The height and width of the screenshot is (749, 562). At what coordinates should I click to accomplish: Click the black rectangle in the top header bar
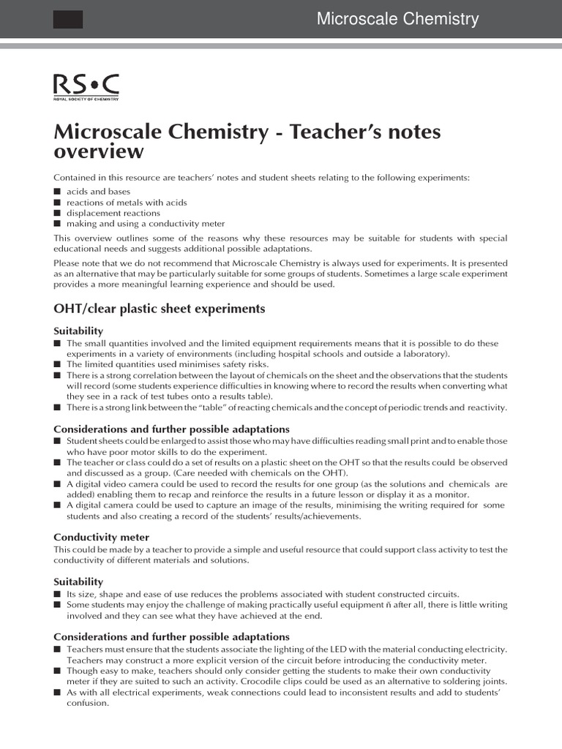(68, 20)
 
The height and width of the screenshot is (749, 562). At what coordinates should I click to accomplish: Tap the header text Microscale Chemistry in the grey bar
(397, 19)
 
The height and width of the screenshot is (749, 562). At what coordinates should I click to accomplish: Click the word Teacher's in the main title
(337, 132)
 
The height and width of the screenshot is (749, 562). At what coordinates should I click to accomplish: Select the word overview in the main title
(99, 151)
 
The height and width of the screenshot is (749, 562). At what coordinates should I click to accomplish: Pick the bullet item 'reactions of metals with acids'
(126, 202)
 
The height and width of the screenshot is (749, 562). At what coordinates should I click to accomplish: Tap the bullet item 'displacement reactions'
(113, 213)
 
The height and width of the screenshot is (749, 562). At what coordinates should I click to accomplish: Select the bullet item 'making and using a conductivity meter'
(146, 224)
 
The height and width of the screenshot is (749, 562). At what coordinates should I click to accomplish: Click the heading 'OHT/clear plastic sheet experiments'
(159, 309)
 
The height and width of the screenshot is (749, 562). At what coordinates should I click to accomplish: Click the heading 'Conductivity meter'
(101, 537)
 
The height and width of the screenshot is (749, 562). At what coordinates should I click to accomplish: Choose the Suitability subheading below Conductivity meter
(78, 581)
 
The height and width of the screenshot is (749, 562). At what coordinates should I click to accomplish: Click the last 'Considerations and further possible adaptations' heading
(171, 636)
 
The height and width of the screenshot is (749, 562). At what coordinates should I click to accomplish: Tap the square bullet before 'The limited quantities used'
(57, 364)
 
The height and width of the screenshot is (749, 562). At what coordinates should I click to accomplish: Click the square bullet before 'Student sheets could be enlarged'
(57, 442)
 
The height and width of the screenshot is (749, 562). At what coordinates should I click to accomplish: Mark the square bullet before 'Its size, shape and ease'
(57, 594)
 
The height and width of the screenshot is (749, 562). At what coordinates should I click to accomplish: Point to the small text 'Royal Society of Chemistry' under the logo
(86, 99)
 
